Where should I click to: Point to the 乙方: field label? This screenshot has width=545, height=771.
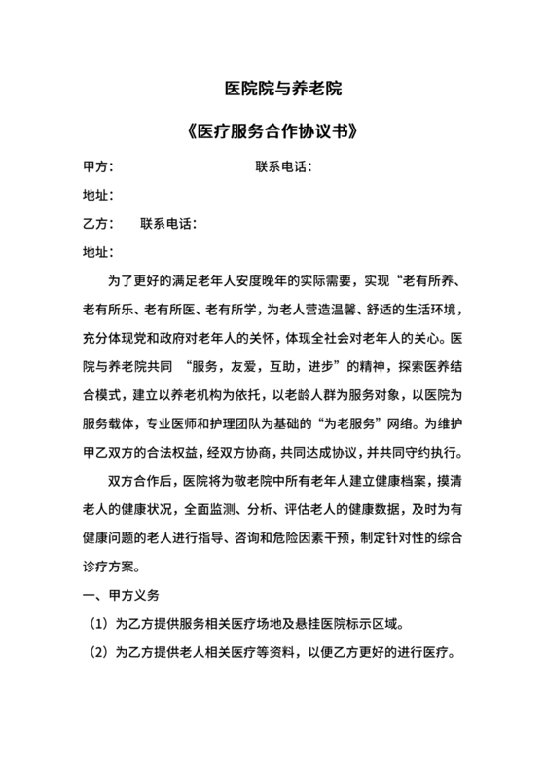tap(99, 224)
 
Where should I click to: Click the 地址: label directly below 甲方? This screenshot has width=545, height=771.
tap(99, 196)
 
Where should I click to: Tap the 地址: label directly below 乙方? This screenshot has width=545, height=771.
tap(99, 252)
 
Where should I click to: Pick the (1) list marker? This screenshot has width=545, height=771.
tap(99, 622)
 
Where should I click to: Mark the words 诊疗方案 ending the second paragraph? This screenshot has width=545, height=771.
tap(115, 566)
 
